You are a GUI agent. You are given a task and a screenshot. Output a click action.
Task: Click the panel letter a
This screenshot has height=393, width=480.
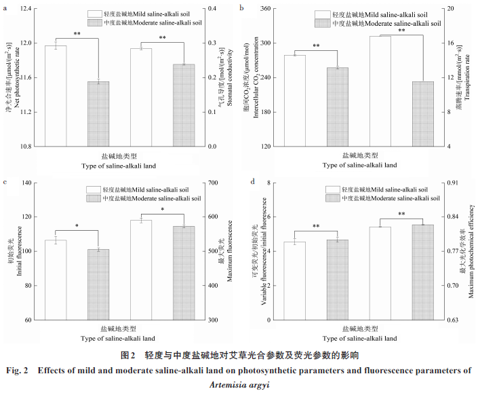(x=5, y=7)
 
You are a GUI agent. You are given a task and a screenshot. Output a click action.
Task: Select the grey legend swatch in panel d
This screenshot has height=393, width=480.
(x=332, y=198)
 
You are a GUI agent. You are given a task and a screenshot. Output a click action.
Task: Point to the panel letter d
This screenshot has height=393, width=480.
(x=253, y=182)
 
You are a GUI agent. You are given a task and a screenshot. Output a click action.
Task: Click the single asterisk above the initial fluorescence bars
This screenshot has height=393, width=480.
(x=77, y=225)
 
